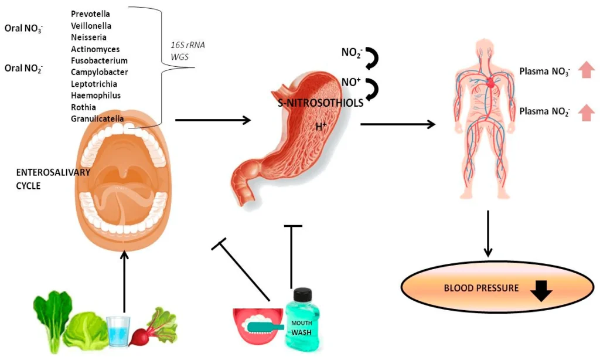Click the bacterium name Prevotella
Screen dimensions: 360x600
(x=91, y=13)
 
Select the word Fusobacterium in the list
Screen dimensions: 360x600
(x=99, y=60)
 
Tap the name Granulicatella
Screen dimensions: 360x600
(x=97, y=118)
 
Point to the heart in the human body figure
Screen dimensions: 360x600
(x=490, y=84)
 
